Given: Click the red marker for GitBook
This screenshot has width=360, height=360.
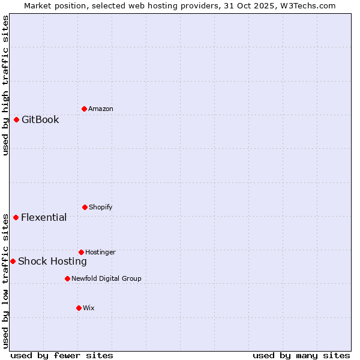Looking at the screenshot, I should pyautogui.click(x=16, y=119).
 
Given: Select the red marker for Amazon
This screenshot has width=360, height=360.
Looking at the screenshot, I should pyautogui.click(x=84, y=109).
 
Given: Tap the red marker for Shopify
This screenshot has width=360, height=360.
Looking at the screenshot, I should pyautogui.click(x=85, y=207).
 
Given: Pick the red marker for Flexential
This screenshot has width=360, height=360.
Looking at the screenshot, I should pyautogui.click(x=16, y=217).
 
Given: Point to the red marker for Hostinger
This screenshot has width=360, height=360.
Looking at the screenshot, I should pyautogui.click(x=81, y=252).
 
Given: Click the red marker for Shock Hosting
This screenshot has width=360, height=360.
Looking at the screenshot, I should pyautogui.click(x=13, y=261).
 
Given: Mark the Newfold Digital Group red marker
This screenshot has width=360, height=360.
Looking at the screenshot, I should pyautogui.click(x=67, y=278).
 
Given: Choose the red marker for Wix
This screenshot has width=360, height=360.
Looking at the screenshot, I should pyautogui.click(x=79, y=308).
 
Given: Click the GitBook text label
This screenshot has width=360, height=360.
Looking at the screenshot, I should pyautogui.click(x=40, y=119).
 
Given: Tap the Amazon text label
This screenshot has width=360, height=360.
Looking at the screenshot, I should pyautogui.click(x=101, y=109).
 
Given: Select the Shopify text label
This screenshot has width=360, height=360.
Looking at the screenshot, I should pyautogui.click(x=101, y=207).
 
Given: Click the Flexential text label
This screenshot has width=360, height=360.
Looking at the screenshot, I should pyautogui.click(x=44, y=217).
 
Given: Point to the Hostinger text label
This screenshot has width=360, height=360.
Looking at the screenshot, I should pyautogui.click(x=100, y=252).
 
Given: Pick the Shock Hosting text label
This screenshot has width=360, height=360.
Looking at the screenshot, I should pyautogui.click(x=52, y=261).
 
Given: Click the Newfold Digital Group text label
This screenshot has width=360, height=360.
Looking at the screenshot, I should pyautogui.click(x=106, y=278).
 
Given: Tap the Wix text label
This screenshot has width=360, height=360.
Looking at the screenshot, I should pyautogui.click(x=89, y=308).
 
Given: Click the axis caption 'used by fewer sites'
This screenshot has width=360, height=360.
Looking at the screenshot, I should pyautogui.click(x=62, y=355).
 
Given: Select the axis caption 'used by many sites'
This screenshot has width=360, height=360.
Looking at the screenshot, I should pyautogui.click(x=301, y=355).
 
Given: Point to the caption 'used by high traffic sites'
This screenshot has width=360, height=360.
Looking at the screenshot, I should pyautogui.click(x=5, y=85).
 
